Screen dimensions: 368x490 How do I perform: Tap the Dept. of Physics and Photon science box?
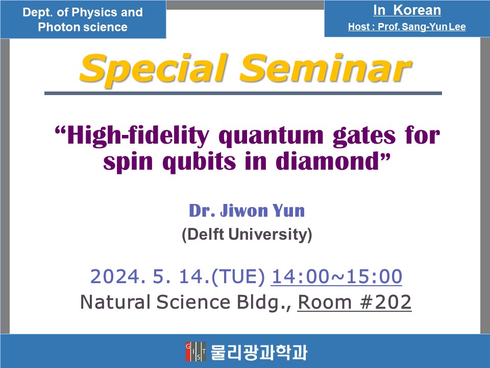(83, 19)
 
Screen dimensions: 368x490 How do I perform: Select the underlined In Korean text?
(407, 10)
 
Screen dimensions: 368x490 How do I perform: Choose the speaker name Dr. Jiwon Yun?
(247, 210)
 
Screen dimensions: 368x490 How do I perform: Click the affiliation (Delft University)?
(247, 235)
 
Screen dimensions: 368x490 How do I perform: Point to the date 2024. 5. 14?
(146, 277)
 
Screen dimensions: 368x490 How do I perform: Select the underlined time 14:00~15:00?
(337, 277)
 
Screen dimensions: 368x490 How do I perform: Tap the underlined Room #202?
(354, 302)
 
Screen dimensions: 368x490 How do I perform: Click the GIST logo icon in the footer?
(195, 352)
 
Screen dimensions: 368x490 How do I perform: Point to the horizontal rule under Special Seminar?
(243, 93)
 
